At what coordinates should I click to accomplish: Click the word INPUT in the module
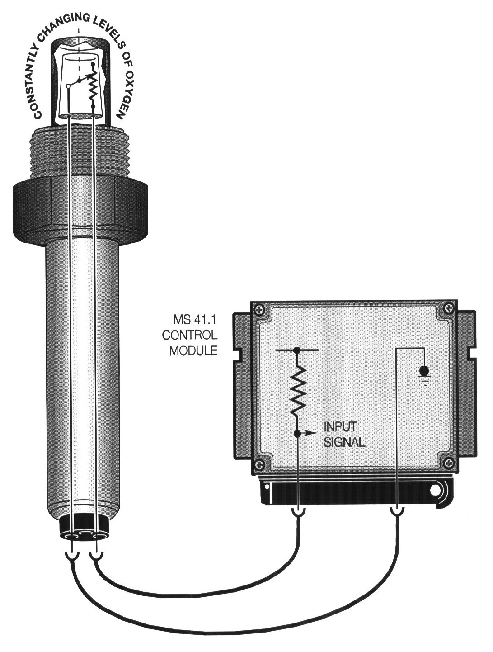point(339,427)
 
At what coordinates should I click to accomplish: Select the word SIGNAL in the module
point(344,443)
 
